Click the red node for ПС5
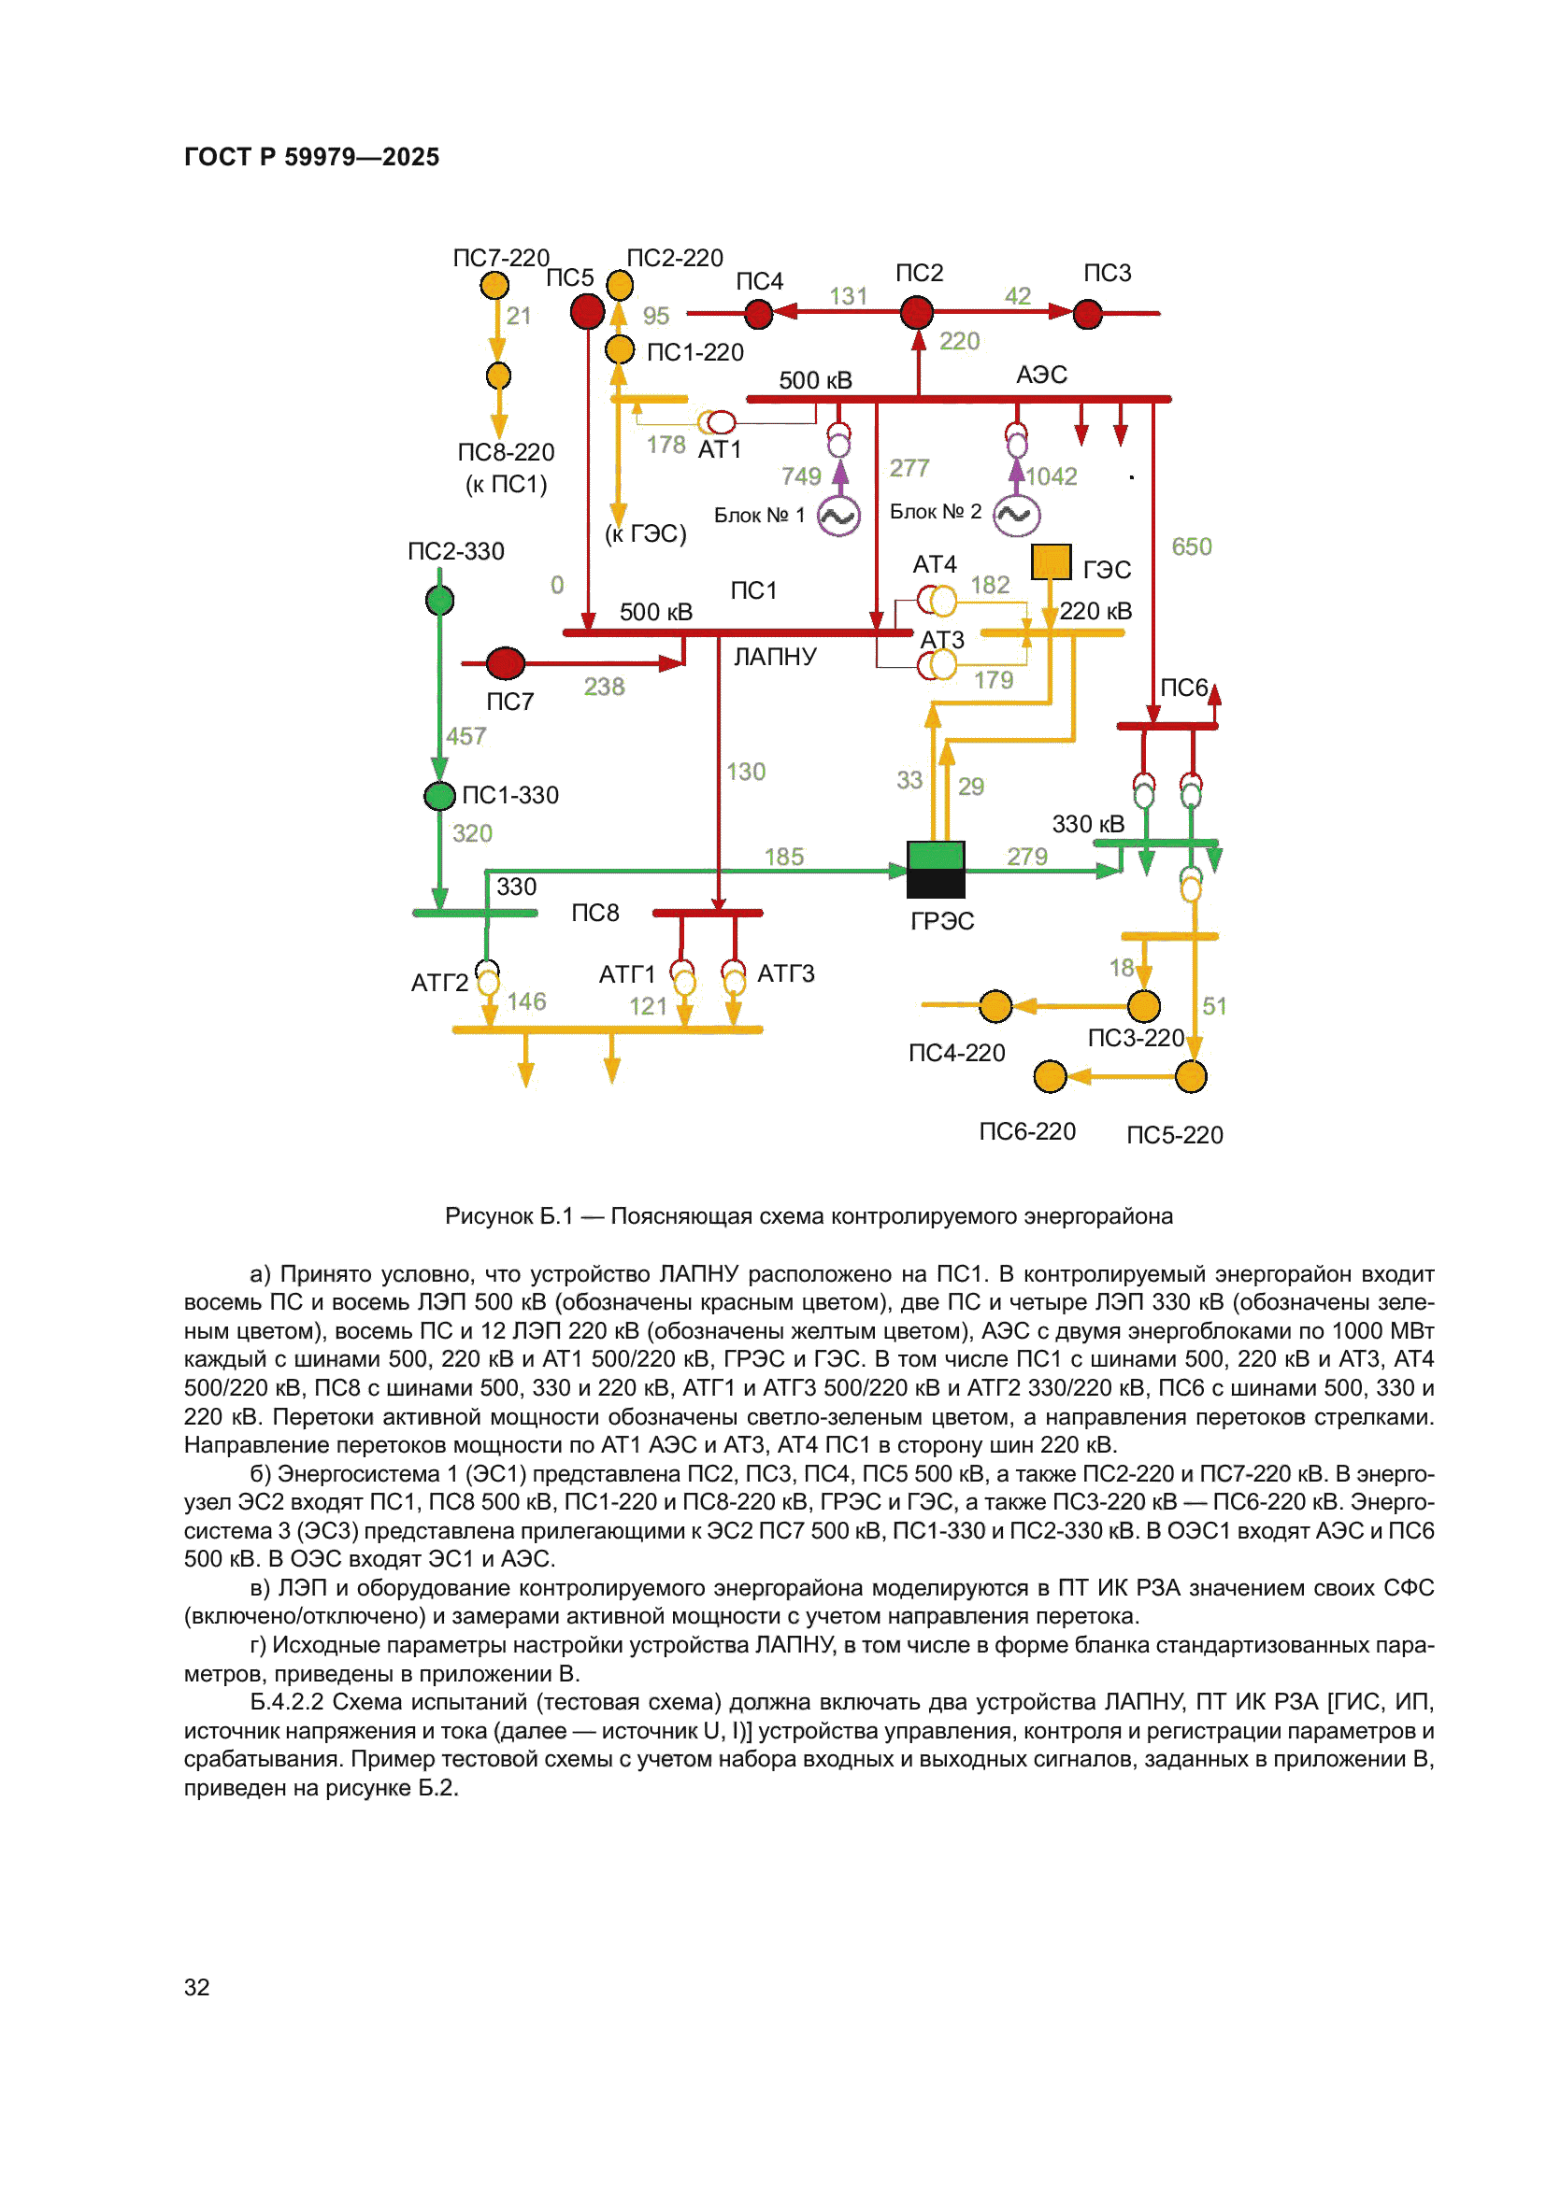coord(587,311)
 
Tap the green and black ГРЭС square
coord(936,869)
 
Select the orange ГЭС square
coord(1051,561)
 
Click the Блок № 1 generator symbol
coord(838,517)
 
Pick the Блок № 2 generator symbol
coord(1016,516)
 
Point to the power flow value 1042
coord(1051,475)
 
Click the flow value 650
coord(1191,546)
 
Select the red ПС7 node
coord(506,662)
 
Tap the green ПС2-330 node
coord(440,601)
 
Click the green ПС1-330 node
coord(440,796)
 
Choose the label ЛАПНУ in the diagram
coord(775,657)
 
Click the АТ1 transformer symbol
coord(717,421)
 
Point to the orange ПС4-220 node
coord(995,1005)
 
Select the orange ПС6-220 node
coord(1050,1076)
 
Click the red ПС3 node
coord(1087,313)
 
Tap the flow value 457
coord(466,735)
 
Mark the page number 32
coord(197,1986)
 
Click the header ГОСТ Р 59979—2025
coord(311,157)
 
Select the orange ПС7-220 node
coord(494,285)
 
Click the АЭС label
coord(1041,374)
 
